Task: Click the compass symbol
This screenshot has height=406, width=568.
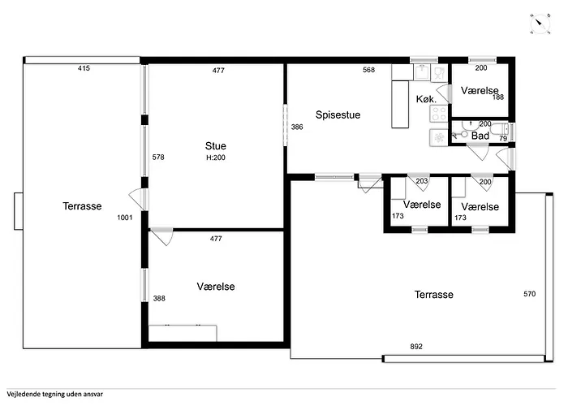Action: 540,24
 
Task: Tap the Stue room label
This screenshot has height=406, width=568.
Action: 216,145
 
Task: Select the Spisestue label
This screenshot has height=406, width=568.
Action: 338,115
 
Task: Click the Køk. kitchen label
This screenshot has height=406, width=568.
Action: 426,99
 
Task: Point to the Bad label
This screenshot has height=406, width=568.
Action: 480,136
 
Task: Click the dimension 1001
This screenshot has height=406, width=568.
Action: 125,218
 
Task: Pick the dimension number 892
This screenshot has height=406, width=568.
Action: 416,347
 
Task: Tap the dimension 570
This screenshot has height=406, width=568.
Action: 530,294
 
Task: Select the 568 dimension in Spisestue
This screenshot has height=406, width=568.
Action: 368,70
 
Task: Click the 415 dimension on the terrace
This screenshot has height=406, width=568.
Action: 84,68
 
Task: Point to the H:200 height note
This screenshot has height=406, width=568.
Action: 216,158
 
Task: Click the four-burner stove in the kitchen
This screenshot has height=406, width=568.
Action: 439,113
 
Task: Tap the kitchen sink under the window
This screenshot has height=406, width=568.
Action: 421,72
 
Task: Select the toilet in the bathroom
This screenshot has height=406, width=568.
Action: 500,129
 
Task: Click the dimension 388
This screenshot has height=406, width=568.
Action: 159,298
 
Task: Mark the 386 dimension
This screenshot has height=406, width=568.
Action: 297,127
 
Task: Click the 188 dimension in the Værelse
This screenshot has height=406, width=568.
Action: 498,97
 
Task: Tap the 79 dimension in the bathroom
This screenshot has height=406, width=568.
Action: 503,139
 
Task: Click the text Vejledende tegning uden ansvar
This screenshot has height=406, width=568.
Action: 54,395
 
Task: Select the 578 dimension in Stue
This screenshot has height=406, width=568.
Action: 158,157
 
